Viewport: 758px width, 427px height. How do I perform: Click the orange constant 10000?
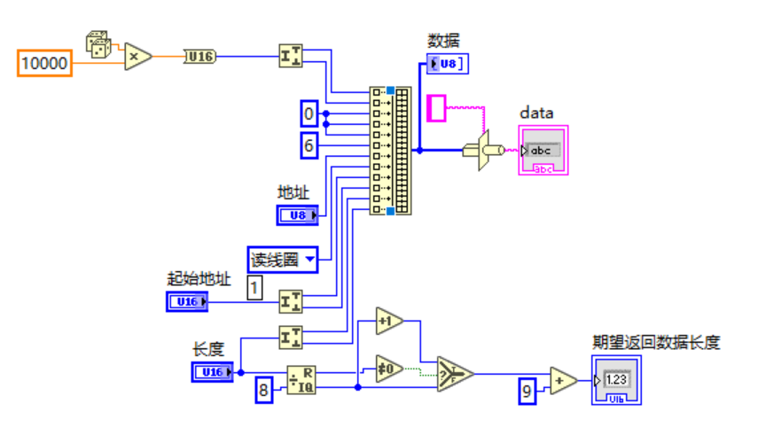[x=44, y=64]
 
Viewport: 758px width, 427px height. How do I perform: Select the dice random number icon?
[x=98, y=43]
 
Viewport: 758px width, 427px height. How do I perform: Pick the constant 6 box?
[x=309, y=145]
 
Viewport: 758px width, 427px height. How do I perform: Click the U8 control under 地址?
[x=297, y=214]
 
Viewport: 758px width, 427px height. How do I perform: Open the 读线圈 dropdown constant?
[x=282, y=260]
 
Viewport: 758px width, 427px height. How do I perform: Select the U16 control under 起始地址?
[x=188, y=302]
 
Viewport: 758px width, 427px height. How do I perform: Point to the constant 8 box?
[x=263, y=390]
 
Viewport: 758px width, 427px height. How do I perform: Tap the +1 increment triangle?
[x=388, y=321]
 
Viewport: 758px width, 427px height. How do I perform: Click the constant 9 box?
[x=527, y=391]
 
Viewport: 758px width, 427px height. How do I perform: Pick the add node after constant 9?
[x=562, y=380]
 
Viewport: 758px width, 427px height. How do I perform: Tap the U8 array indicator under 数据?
[x=447, y=63]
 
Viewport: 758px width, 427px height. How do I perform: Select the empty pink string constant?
[x=437, y=108]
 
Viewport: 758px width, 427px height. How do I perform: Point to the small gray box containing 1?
[x=254, y=287]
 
